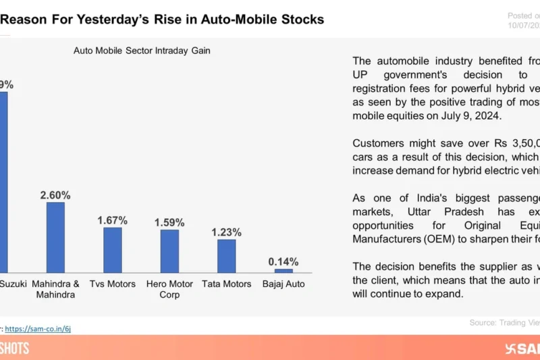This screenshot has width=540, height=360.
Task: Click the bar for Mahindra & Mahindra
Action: tap(55, 236)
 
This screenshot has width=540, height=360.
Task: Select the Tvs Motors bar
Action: tap(112, 249)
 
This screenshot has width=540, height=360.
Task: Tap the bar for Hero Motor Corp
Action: tap(169, 251)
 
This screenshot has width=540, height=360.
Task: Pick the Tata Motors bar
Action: tap(226, 255)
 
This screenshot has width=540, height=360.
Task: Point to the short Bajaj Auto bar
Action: tap(283, 270)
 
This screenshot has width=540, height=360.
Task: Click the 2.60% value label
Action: tap(55, 195)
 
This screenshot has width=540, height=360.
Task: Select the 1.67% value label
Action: tap(112, 220)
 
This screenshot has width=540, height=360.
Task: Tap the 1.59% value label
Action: tap(169, 222)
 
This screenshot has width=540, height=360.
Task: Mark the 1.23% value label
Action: tap(226, 232)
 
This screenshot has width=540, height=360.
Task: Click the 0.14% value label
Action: tap(283, 262)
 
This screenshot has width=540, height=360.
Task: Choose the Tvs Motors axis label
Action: tap(112, 284)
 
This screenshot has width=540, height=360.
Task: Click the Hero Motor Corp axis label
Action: tap(169, 289)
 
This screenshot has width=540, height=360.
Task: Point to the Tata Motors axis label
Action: tap(226, 284)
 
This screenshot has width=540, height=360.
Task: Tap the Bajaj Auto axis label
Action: tap(283, 284)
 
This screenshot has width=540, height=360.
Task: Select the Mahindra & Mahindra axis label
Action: tap(55, 289)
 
